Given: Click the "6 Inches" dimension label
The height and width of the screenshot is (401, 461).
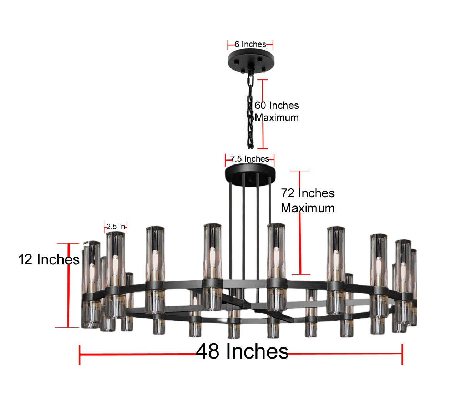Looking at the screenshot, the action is point(250,44).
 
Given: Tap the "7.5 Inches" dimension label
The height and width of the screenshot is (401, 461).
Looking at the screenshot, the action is point(250,159).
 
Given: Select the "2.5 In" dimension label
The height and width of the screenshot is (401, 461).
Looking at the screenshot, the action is point(116,227).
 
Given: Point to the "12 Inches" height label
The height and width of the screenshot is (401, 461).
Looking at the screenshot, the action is point(49,259).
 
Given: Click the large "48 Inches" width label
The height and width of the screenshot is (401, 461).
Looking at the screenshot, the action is point(242,351).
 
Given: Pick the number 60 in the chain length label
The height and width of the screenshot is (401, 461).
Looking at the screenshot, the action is point(260,106).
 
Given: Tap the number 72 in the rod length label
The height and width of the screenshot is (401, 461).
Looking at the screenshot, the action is point(288,193).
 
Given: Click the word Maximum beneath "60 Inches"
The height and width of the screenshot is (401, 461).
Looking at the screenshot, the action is point(277,118).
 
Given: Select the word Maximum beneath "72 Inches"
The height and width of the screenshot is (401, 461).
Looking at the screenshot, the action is point(308,208).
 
